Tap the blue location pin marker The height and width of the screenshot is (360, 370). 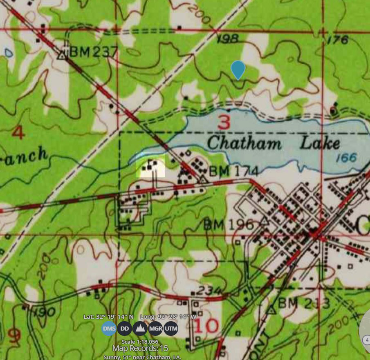238,69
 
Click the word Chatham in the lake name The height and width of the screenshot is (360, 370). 244,143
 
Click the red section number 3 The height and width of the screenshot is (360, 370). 224,122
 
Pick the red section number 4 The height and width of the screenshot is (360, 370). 18,133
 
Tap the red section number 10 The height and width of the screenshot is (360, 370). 206,326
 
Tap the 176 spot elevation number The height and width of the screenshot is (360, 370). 337,40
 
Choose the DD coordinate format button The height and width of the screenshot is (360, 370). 124,328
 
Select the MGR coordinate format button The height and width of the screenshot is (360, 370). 156,328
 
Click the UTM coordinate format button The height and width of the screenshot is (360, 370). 171,328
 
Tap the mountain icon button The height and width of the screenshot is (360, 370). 140,328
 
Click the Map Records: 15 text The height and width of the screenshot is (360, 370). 140,348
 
